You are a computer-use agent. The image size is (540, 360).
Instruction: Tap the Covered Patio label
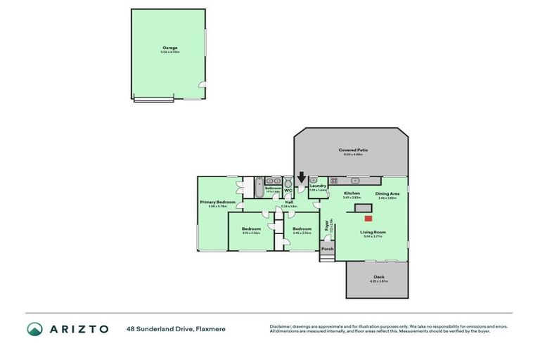353,150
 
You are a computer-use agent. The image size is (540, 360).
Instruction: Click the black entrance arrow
302,180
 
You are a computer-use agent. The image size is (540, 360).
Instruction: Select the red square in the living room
368,219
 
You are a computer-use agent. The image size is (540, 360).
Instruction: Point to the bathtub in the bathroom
258,189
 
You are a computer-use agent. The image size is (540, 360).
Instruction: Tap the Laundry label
319,188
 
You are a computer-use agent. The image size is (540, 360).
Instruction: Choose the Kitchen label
352,193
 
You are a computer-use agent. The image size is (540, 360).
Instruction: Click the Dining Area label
387,193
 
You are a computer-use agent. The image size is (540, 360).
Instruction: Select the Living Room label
373,232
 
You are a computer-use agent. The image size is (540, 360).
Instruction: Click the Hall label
289,202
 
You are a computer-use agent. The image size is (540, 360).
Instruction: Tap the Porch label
327,248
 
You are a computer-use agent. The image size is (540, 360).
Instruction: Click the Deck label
378,277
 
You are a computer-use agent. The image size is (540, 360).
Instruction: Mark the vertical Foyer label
326,226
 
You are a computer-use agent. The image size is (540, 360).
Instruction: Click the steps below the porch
327,259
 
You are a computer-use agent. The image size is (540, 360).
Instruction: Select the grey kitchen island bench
364,208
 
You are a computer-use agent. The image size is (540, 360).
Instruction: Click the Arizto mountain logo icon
35,328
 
